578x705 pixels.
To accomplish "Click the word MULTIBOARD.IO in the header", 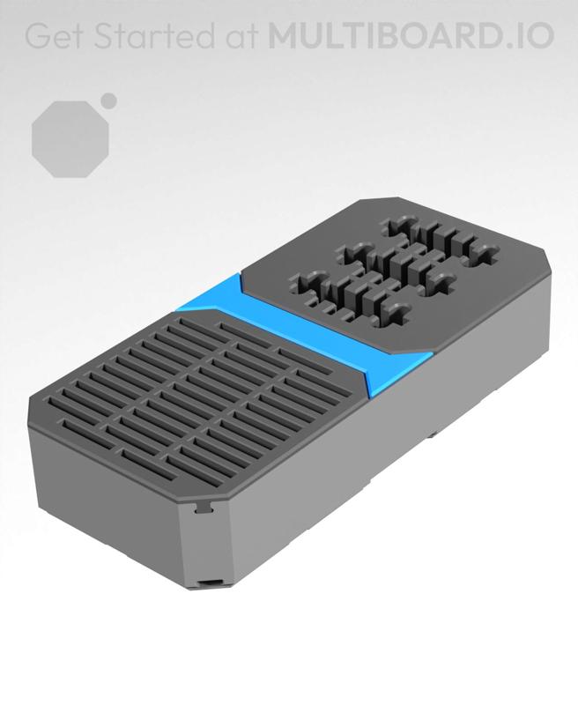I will [x=411, y=35].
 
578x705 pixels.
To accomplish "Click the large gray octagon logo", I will [x=71, y=138].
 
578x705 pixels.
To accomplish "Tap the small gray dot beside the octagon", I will [x=109, y=100].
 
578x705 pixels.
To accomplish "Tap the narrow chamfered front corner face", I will [x=208, y=546].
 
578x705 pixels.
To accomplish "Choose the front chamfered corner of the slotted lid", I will [x=211, y=493].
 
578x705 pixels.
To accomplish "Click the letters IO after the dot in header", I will [x=535, y=35].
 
